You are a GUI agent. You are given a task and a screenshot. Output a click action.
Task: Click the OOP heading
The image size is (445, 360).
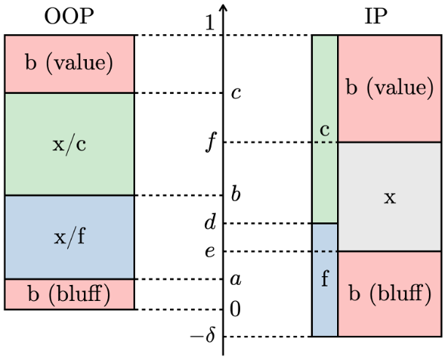pos(69,16)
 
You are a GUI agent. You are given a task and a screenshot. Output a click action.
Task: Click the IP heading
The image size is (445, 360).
pos(376,16)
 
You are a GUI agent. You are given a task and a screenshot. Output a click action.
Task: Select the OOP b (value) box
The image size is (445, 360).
pos(69,63)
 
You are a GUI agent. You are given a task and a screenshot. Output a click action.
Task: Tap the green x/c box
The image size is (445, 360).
pos(69,144)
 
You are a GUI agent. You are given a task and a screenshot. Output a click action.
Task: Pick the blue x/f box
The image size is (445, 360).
pos(69,238)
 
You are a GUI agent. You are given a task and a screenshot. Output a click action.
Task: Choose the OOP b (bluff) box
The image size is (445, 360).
pos(69,294)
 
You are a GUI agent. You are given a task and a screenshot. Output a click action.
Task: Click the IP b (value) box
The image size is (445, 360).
pos(390,88)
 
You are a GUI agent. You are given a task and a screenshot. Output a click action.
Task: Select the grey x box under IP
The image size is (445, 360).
pos(390,197)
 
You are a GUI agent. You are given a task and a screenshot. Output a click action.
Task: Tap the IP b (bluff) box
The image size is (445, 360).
pos(390,294)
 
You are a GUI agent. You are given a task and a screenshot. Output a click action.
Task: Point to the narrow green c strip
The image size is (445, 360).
pos(325,129)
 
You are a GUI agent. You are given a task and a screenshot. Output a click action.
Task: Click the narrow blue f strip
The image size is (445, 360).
pos(325,280)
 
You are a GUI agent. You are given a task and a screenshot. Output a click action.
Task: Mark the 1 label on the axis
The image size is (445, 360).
pos(210,24)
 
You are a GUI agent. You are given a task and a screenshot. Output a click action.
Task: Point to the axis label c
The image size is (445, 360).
pos(235,93)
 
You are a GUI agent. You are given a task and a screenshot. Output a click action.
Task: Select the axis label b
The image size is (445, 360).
pos(235,195)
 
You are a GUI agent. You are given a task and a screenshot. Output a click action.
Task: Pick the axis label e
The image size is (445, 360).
pos(210,251)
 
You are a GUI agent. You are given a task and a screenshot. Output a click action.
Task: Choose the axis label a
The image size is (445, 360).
pos(235,279)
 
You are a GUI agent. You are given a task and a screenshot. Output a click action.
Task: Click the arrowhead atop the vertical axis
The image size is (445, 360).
pos(223,9)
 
